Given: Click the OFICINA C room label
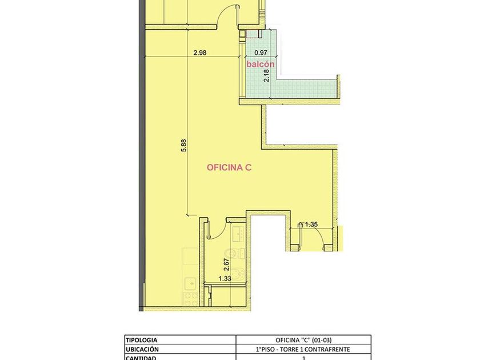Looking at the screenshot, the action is [x=229, y=167].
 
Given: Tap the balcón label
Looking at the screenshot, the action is [x=261, y=64].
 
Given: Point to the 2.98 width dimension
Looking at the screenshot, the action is [x=200, y=53].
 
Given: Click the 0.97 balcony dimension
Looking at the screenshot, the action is [x=261, y=53].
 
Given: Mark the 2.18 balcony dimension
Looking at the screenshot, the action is [x=266, y=75].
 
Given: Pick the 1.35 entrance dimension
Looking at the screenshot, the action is [x=311, y=225].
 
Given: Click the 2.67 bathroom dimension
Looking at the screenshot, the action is [x=226, y=265].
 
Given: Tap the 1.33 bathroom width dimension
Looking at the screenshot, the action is [x=225, y=279].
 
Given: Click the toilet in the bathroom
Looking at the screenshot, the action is [x=235, y=253].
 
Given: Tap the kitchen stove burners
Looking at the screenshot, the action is [x=190, y=299].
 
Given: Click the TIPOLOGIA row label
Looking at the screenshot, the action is [x=142, y=340].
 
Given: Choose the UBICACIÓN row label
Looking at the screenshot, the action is [x=142, y=349].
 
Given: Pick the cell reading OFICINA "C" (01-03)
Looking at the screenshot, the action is [x=303, y=340].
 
